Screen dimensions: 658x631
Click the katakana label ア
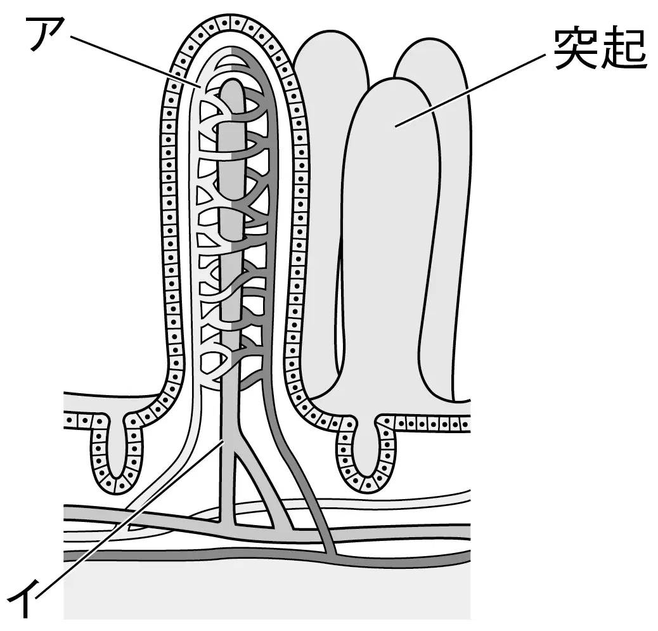pyautogui.click(x=47, y=33)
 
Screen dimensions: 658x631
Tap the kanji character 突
pyautogui.click(x=576, y=49)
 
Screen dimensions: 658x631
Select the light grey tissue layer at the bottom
pyautogui.click(x=267, y=592)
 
